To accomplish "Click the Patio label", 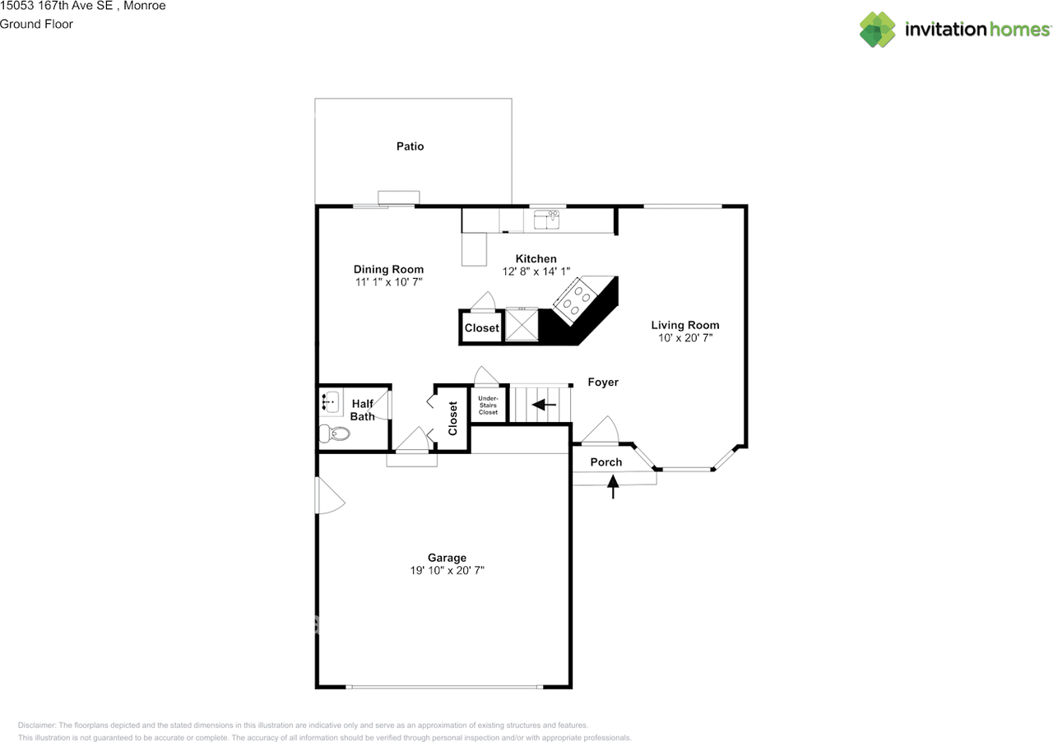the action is pyautogui.click(x=410, y=146).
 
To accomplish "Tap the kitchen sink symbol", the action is pyautogui.click(x=547, y=220).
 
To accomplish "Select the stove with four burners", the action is pyautogui.click(x=575, y=300).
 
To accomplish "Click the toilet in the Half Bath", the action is pyautogui.click(x=334, y=433).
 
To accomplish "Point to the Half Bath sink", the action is pyautogui.click(x=331, y=401).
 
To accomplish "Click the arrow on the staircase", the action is pyautogui.click(x=544, y=405).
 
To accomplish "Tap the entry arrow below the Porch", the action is pyautogui.click(x=613, y=487).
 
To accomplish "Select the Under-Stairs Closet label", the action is pyautogui.click(x=488, y=405).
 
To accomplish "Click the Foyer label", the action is pyautogui.click(x=603, y=383).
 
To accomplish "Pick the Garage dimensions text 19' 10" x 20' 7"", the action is pyautogui.click(x=447, y=570).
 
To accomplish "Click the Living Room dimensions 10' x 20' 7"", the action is pyautogui.click(x=685, y=337).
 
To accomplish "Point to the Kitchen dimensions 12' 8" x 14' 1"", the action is pyautogui.click(x=536, y=271).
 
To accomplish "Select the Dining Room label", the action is pyautogui.click(x=389, y=270).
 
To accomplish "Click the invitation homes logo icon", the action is pyautogui.click(x=878, y=30).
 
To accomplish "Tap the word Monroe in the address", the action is pyautogui.click(x=144, y=6).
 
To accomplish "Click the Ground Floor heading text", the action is pyautogui.click(x=36, y=24).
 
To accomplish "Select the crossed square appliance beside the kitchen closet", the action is pyautogui.click(x=522, y=323).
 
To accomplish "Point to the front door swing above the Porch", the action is pyautogui.click(x=601, y=429).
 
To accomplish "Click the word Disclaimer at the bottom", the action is pyautogui.click(x=37, y=726).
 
